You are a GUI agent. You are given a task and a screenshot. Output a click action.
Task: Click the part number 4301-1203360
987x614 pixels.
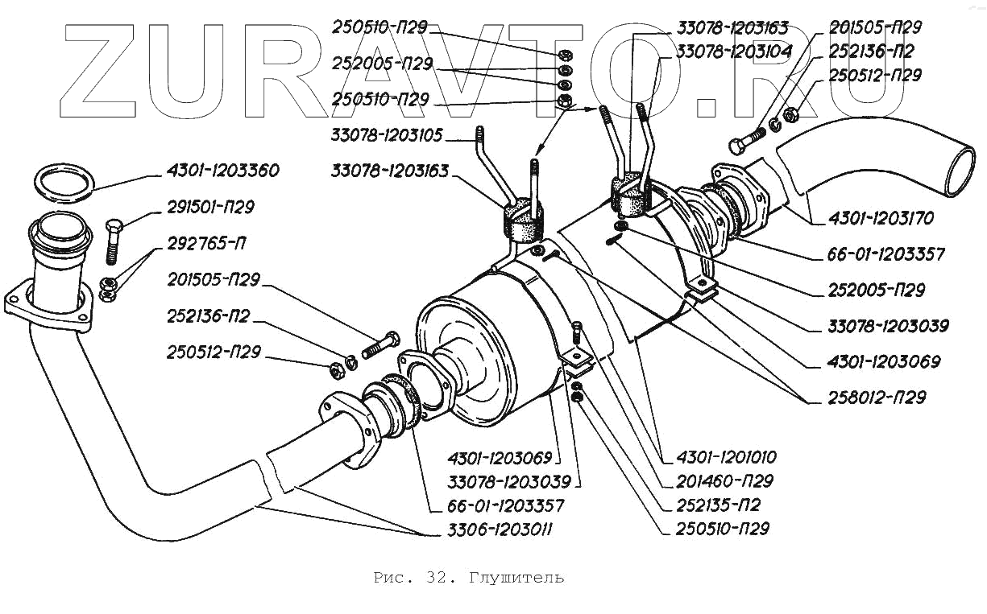click(x=223, y=171)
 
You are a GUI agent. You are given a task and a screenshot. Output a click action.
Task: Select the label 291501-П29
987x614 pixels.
click(x=211, y=207)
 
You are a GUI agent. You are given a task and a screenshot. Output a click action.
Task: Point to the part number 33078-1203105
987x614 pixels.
click(x=386, y=134)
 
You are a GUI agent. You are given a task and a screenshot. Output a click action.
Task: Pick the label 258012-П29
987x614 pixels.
click(x=877, y=397)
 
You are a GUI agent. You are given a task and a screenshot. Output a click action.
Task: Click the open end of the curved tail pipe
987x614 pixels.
click(x=964, y=168)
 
